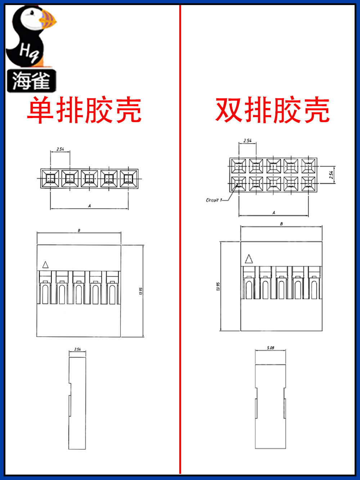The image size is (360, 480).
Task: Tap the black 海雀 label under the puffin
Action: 31,81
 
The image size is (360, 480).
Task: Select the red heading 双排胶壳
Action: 273,110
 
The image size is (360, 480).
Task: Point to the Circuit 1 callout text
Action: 214,200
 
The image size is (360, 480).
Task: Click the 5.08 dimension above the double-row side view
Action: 270,348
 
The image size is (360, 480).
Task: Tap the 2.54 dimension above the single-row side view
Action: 77,349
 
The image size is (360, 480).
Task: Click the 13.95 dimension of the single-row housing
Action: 141,291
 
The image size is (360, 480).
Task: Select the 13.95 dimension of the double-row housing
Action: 218,286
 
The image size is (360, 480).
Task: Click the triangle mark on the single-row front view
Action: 45,265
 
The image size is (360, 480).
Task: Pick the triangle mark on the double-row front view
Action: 248,259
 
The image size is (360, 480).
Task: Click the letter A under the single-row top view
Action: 89,206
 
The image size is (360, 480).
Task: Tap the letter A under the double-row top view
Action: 274,213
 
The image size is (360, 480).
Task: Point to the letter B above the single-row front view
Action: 79,230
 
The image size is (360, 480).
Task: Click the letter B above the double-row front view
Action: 282,224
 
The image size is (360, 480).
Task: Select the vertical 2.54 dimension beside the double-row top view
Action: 331,175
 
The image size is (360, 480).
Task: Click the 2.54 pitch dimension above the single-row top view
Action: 60,149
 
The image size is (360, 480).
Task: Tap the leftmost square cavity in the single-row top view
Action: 50,179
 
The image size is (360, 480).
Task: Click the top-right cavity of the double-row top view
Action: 309,166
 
